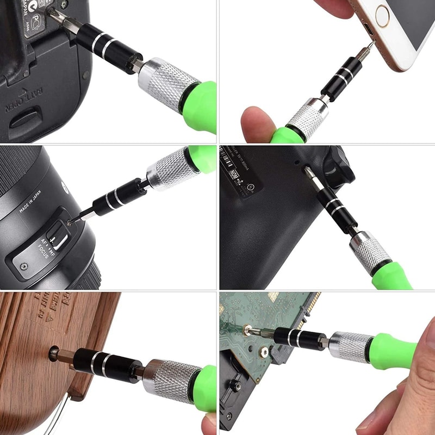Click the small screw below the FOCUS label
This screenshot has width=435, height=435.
tap(23, 266)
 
